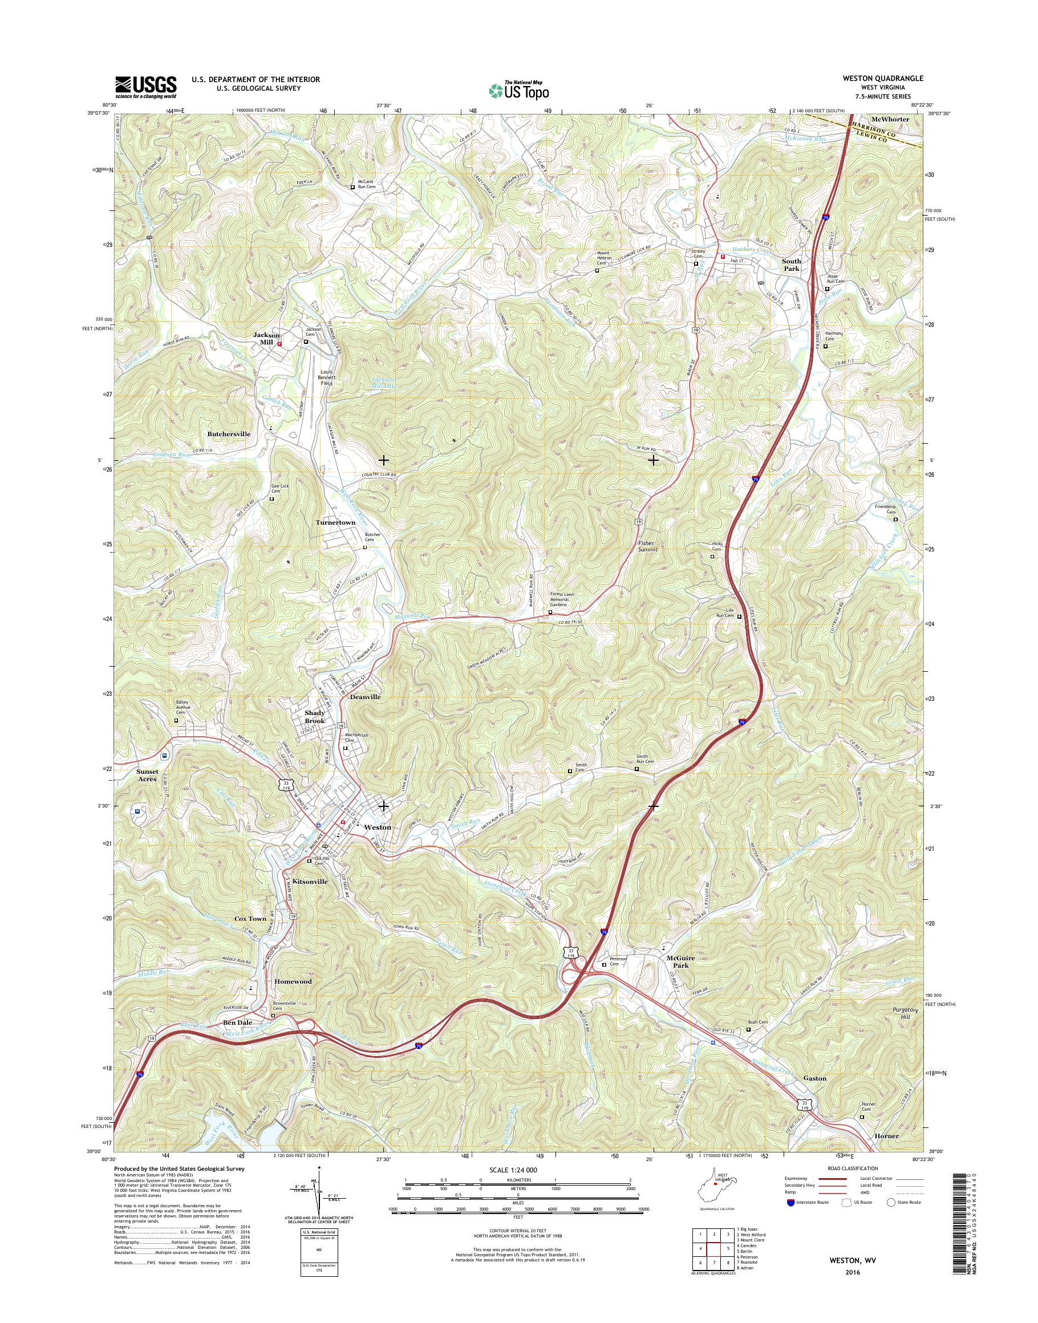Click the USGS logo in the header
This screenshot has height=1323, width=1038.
pos(146,86)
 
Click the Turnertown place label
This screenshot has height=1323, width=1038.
pos(335,522)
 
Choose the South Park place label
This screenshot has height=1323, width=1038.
pos(790,265)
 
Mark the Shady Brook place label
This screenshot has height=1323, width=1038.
pos(315,716)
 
